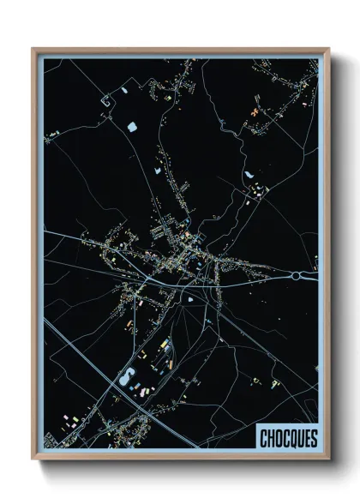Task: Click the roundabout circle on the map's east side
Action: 298,276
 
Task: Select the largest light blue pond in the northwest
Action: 132,129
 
